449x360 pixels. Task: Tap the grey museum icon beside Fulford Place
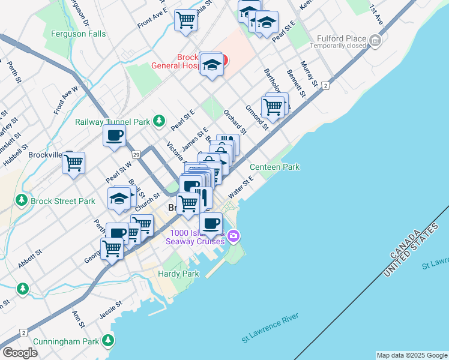coord(376,41)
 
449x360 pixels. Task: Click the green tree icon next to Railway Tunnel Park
coord(159,121)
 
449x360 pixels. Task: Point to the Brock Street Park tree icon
coord(22,200)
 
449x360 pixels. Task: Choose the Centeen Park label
coord(274,167)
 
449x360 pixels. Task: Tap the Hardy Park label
coord(178,274)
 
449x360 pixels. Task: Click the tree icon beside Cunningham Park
coord(108,341)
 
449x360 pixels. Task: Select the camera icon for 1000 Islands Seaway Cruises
coord(234,237)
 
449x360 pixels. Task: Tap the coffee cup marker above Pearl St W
coord(114,134)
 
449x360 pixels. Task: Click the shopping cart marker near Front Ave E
coord(185,19)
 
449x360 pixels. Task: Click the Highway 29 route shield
coord(136,154)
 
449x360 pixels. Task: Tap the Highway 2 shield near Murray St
coord(325,86)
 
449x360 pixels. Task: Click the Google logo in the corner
coord(20,353)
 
